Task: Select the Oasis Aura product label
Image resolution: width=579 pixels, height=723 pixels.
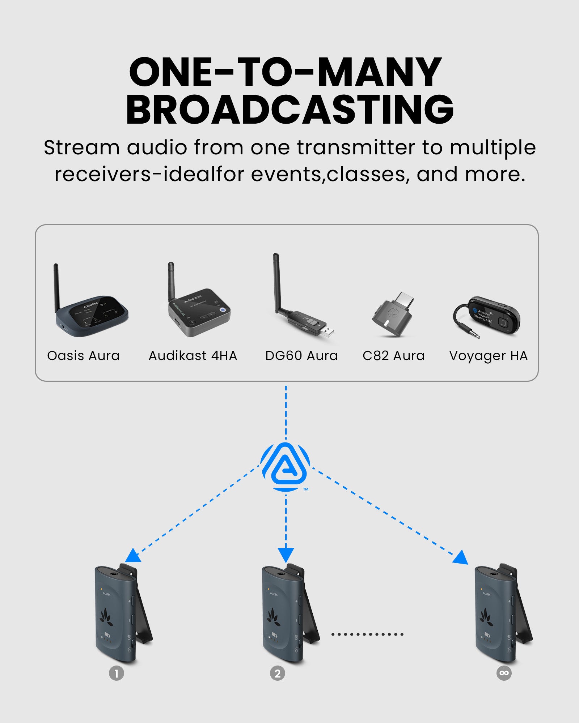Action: click(x=83, y=356)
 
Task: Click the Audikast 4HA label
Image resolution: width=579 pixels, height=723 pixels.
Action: click(x=193, y=356)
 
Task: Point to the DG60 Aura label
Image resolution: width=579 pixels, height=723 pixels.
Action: click(x=301, y=356)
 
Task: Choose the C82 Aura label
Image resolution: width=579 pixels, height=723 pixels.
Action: click(x=393, y=356)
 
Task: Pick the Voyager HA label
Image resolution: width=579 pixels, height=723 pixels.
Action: click(x=488, y=356)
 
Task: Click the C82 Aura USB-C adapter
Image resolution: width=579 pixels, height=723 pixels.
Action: click(x=393, y=315)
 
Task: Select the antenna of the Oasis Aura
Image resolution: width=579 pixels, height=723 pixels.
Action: click(x=56, y=287)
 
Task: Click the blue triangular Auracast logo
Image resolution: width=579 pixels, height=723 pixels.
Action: click(x=286, y=466)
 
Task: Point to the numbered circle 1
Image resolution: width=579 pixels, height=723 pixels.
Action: click(x=117, y=673)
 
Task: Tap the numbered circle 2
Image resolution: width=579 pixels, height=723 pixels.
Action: click(x=278, y=673)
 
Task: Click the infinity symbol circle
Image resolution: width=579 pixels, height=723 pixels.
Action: click(x=504, y=673)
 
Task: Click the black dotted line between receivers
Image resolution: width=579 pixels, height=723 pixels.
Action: click(x=367, y=634)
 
